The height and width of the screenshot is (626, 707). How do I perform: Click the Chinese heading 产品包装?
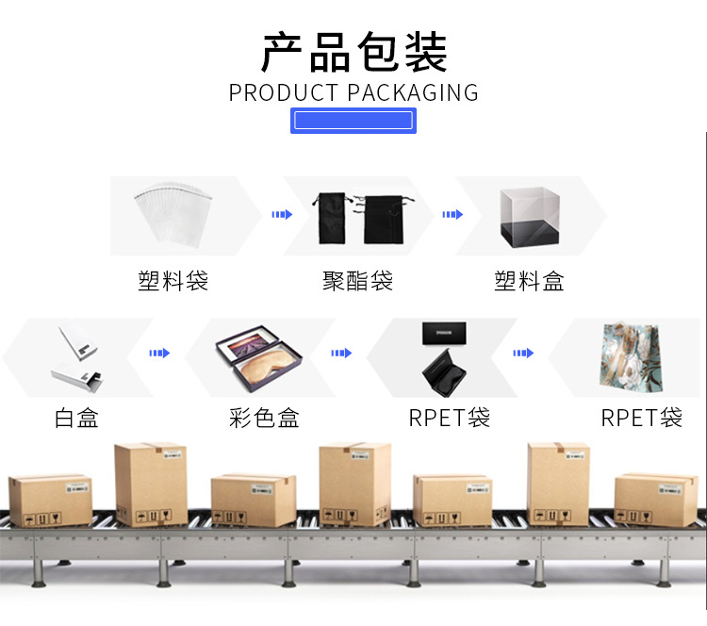[353, 53]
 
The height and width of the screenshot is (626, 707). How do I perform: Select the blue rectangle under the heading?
[353, 120]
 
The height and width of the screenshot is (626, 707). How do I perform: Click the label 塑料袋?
[173, 280]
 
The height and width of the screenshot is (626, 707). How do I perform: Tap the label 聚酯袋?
[357, 280]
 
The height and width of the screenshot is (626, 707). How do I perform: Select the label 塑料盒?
[529, 280]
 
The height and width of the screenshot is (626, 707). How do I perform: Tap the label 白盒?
[76, 418]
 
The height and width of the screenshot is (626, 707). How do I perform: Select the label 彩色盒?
[264, 418]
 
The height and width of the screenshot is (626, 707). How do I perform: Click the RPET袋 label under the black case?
[450, 418]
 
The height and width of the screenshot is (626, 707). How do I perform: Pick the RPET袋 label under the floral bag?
[642, 418]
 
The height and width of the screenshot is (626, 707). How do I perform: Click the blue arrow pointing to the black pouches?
[282, 214]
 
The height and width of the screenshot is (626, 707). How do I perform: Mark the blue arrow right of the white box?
[159, 354]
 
